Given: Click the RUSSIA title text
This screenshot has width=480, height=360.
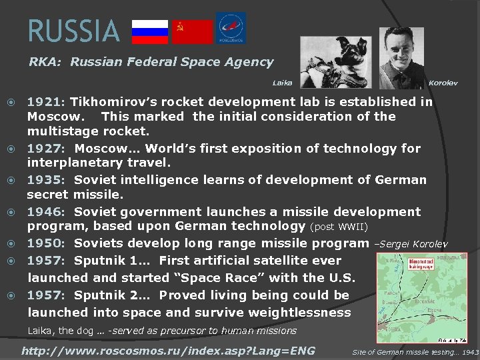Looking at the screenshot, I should (73, 31).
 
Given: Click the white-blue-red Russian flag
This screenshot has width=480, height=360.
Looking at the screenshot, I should (150, 31).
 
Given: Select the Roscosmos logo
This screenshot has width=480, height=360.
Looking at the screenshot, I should (231, 29).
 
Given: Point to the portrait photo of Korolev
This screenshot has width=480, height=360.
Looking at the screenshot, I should (401, 58).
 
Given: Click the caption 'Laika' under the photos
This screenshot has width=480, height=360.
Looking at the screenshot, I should (282, 83).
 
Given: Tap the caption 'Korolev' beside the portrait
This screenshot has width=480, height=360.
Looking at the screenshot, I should (443, 83).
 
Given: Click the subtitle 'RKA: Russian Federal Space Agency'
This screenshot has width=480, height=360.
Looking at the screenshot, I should (151, 62).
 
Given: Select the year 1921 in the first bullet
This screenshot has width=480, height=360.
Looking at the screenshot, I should (44, 102).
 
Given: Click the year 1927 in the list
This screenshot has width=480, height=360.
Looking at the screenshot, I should (44, 148).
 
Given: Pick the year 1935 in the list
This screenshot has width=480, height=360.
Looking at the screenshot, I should (44, 179).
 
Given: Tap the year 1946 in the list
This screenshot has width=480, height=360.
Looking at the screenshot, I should (44, 211).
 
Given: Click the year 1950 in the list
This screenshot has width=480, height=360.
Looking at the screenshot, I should (44, 243).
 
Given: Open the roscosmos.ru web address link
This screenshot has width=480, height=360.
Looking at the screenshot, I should (168, 351).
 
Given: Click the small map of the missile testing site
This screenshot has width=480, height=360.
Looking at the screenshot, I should (421, 297).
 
